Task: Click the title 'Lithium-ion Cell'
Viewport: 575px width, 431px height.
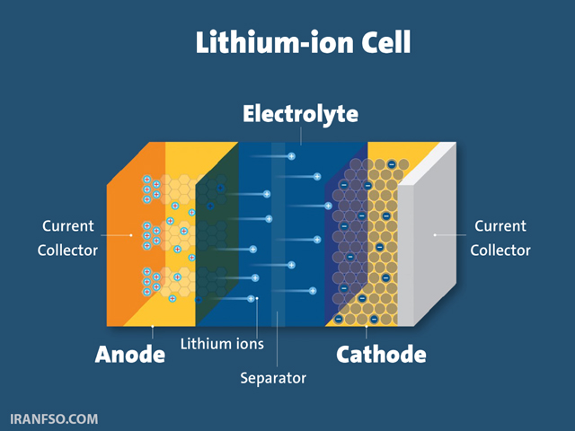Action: coord(304,42)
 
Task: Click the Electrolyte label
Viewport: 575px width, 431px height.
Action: coord(300,114)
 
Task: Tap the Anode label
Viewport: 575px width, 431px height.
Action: coord(130,355)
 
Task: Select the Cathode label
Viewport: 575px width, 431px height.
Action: coord(381,355)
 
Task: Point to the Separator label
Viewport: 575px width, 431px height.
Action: coord(273,378)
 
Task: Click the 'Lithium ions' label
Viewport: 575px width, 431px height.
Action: coord(222,344)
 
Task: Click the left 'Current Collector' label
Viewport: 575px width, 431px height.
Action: coord(68,238)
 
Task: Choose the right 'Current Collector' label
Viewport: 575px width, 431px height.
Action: coord(500,238)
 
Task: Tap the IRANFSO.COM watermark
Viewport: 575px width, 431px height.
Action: coord(54,419)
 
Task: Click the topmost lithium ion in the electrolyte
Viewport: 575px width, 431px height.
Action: coord(291,156)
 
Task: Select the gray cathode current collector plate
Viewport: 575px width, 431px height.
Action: coord(428,234)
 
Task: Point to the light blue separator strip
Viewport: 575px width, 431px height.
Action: coord(278,234)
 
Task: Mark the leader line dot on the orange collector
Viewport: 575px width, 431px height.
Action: coord(131,235)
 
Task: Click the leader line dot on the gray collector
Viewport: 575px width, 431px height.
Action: coord(435,235)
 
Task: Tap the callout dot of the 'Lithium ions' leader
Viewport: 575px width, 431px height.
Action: coord(257,298)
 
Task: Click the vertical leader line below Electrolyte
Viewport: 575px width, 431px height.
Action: coord(301,136)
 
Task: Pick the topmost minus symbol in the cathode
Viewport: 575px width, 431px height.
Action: coord(392,164)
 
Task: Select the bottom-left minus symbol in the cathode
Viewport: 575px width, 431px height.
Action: coord(339,319)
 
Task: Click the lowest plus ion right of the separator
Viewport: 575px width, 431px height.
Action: coord(313,291)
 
